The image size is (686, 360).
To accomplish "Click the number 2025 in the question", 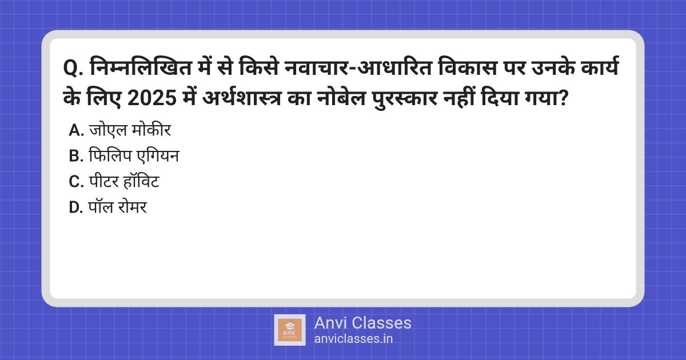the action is point(152,98).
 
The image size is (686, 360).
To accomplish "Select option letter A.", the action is point(76,130).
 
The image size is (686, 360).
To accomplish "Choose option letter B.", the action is point(76,156).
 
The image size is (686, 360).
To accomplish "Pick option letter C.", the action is point(76,182).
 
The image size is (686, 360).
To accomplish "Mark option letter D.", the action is point(76,207).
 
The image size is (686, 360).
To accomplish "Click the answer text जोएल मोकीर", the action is point(130,130).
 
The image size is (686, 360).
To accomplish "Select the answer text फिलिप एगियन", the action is point(134,155).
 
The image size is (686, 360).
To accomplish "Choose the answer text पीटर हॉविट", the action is point(124,181).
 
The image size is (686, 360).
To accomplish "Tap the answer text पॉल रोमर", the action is point(118,207).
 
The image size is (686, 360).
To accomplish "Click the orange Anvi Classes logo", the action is point(290,330).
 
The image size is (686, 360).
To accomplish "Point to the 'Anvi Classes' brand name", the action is point(362,323).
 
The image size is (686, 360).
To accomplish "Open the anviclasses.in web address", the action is point(353,339).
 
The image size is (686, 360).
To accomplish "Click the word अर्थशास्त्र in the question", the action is point(242,98).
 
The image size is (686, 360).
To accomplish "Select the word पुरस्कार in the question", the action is point(405,98).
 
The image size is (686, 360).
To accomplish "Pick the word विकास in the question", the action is point(468,66).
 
